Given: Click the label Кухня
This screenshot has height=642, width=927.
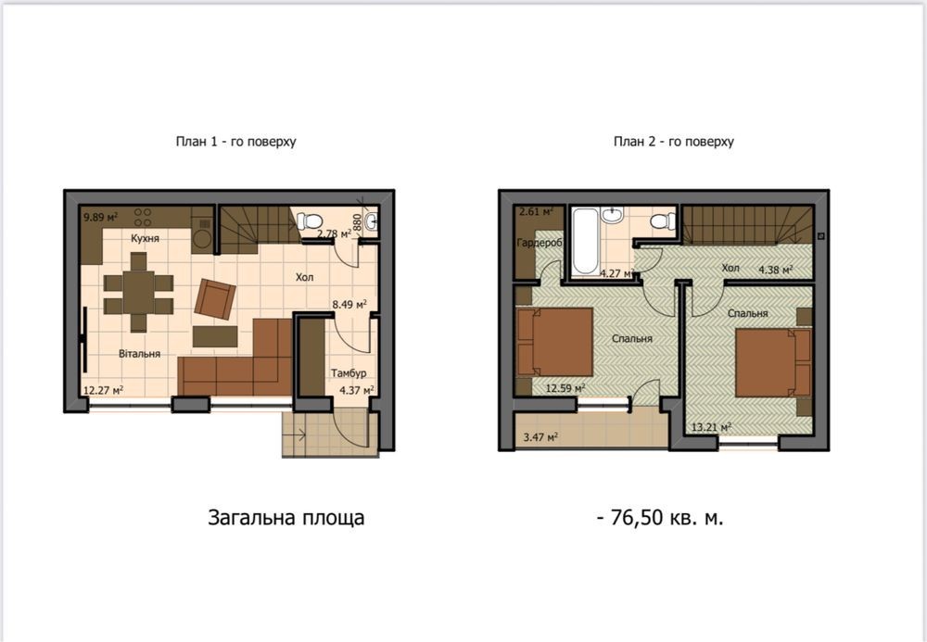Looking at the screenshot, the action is tap(145, 239).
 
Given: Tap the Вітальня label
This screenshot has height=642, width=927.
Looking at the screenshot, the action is tap(140, 354).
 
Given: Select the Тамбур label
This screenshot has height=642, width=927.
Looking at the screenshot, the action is tap(349, 373).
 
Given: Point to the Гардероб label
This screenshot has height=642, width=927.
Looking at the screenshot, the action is tap(540, 243).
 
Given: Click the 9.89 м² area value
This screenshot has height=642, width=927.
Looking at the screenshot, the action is tap(100, 218).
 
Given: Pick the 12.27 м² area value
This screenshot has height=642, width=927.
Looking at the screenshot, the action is tap(104, 390).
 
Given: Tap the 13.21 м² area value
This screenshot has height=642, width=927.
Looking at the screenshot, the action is tap(712, 426).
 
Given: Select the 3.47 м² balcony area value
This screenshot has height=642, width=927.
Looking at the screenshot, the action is tap(541, 437).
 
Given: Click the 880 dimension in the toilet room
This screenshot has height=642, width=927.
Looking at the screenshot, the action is tap(357, 222).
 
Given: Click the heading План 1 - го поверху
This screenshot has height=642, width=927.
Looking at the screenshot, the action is tap(235, 142).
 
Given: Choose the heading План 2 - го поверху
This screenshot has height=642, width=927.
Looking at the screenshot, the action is tap(674, 142).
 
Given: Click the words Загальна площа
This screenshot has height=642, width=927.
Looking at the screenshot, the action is tap(286, 518).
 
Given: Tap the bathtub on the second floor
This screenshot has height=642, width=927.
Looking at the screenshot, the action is tap(585, 240).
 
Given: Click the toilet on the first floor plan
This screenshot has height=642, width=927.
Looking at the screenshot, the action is tap(309, 221).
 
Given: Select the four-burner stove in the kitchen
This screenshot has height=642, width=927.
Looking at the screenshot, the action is tap(143, 217).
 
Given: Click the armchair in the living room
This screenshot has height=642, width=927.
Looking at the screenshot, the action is tap(215, 299).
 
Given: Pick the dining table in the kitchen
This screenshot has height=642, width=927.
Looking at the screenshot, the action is tap(139, 292).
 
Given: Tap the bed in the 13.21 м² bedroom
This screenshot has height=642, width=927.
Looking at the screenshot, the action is tap(773, 362).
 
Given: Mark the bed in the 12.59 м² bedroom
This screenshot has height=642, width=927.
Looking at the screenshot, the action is tap(554, 342).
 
